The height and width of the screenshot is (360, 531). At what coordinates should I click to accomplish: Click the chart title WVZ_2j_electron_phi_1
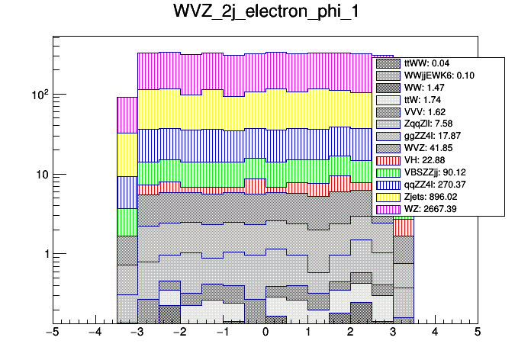click(x=265, y=14)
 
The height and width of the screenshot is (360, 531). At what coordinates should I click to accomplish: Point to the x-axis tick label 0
click(x=265, y=333)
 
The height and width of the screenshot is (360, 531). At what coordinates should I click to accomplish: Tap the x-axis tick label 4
click(x=435, y=333)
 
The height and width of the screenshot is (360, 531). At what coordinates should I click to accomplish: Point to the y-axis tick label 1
click(x=43, y=254)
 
